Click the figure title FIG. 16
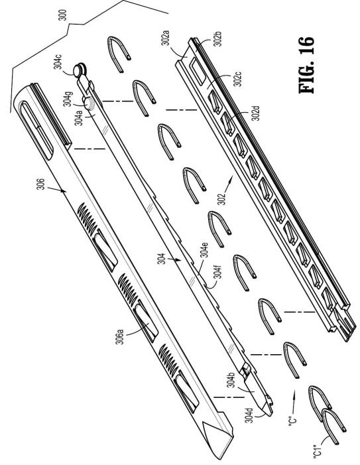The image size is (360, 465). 306,65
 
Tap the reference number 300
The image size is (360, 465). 62,15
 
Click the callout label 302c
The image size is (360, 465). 237,78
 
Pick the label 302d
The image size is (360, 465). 255,113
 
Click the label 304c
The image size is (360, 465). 58,62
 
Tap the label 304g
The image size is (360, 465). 68,98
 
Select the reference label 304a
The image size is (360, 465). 78,117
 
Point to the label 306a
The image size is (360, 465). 119,336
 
